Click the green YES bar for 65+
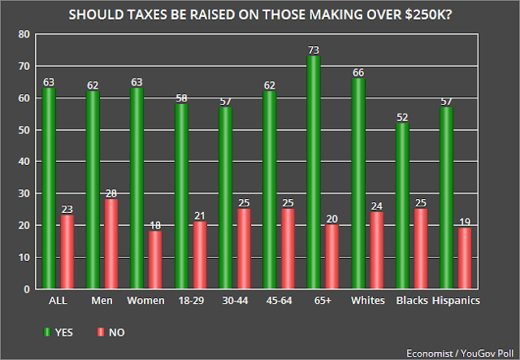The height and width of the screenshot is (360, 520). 314,172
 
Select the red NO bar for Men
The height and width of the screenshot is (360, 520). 111,244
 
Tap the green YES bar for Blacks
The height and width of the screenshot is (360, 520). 402,206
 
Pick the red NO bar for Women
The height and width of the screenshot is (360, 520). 155,260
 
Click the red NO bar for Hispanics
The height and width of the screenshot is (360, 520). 465,258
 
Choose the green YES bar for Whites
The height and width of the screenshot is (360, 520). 358,184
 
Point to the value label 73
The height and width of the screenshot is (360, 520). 314,50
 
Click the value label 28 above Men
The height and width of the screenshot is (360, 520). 111,193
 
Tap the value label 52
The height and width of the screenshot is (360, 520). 402,118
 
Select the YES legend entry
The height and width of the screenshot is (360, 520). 58,332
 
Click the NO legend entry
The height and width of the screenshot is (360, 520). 111,332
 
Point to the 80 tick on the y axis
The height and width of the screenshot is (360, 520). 24,34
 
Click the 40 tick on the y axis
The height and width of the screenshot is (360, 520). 24,162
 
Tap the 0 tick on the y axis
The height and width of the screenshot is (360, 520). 27,289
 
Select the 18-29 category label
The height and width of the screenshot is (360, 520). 191,301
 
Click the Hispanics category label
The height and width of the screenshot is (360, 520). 456,301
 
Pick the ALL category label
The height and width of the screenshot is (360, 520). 58,301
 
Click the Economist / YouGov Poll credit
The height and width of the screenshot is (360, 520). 460,353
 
